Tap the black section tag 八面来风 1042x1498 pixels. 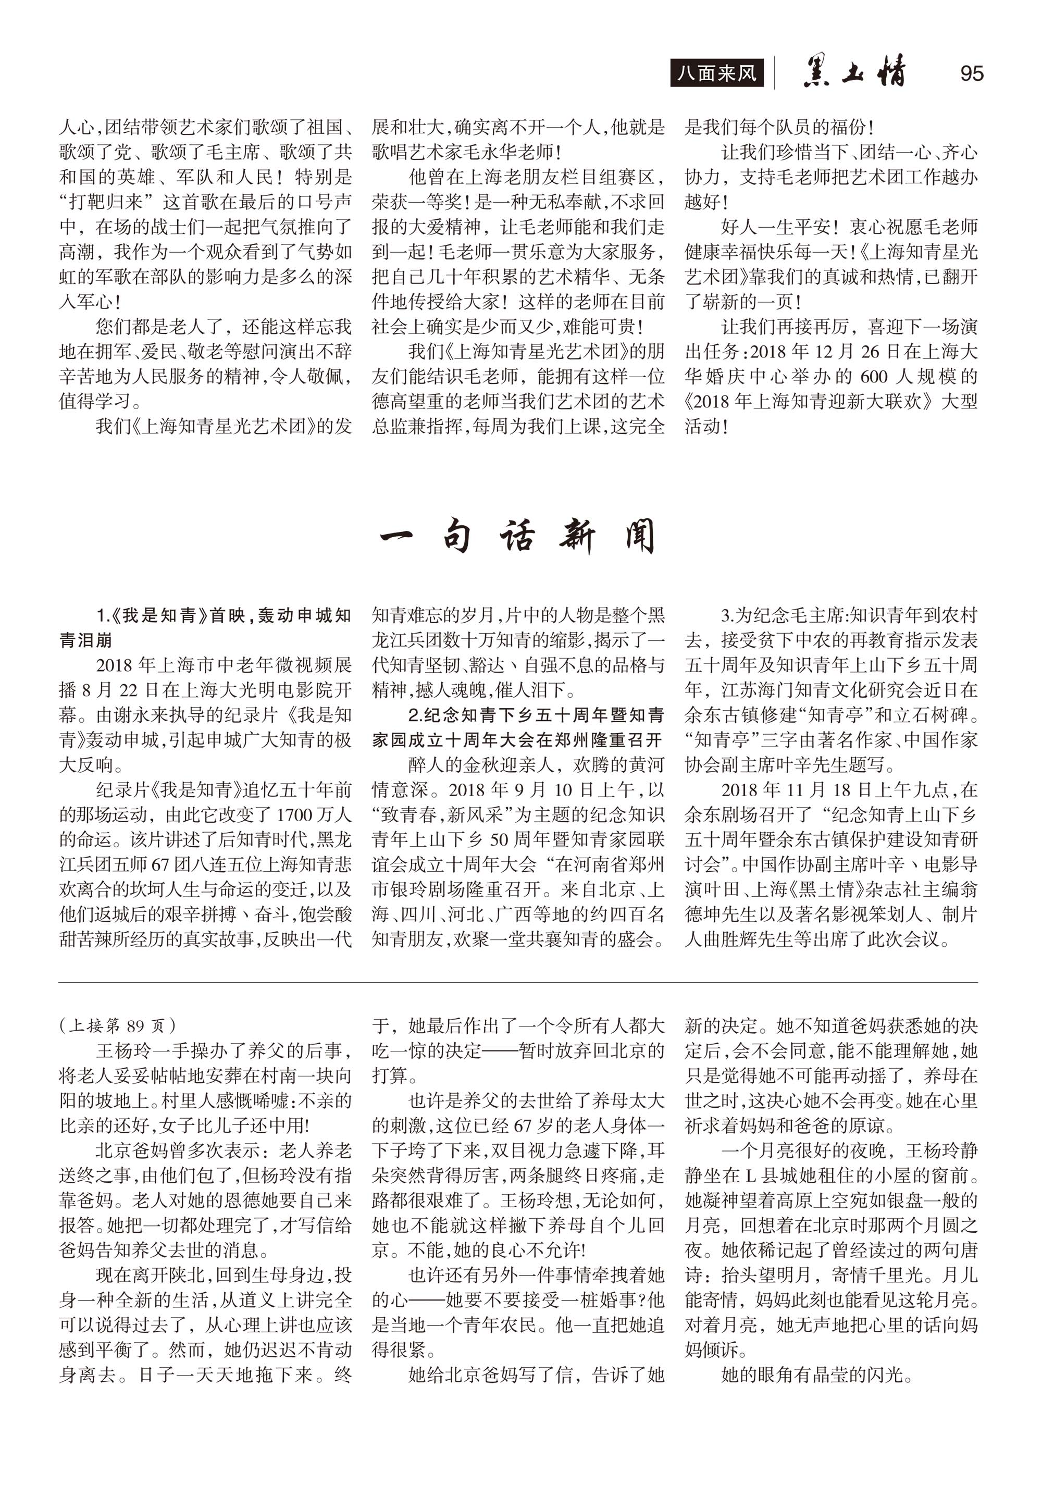point(716,73)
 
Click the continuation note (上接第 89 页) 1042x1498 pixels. point(117,1025)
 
